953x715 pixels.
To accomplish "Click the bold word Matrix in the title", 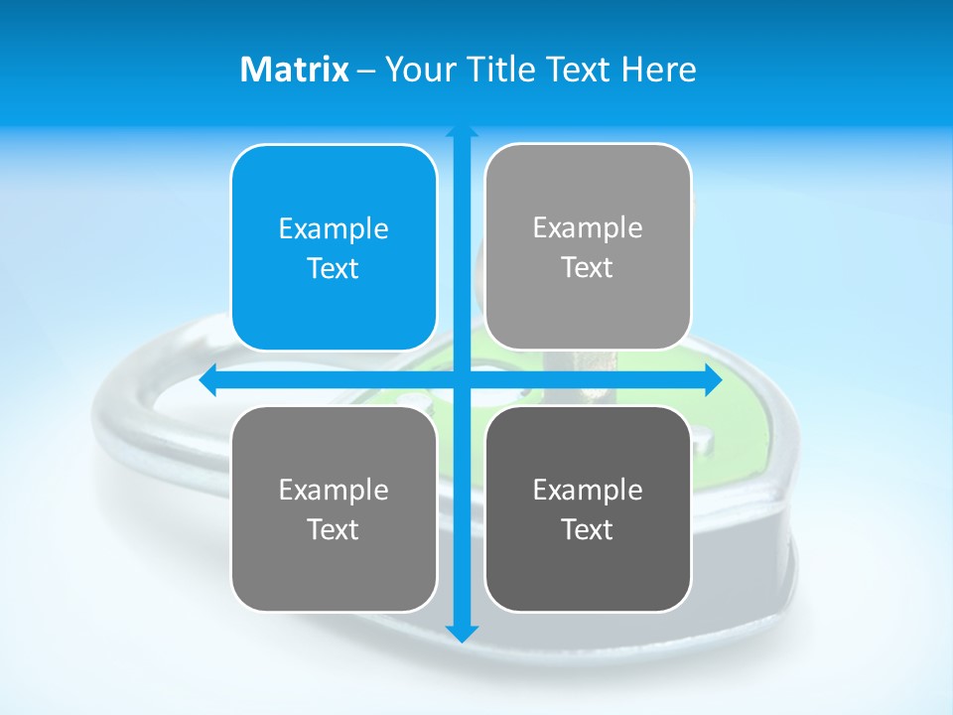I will pyautogui.click(x=295, y=70).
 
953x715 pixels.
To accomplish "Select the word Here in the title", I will pyautogui.click(x=659, y=70).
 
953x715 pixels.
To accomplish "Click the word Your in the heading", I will pyautogui.click(x=415, y=70).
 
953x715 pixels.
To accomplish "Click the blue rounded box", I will pyautogui.click(x=334, y=247).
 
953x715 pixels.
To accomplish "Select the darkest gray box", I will pyautogui.click(x=588, y=508).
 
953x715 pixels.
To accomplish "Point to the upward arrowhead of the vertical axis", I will pyautogui.click(x=461, y=132).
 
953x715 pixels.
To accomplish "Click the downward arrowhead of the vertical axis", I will pyautogui.click(x=461, y=634).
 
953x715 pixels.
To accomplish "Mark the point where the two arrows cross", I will pyautogui.click(x=461, y=379).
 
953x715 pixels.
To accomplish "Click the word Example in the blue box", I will pyautogui.click(x=334, y=229).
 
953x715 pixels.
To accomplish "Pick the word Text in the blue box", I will pyautogui.click(x=334, y=269).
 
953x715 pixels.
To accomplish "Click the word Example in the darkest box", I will pyautogui.click(x=588, y=490).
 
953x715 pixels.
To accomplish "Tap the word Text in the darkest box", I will pyautogui.click(x=588, y=529).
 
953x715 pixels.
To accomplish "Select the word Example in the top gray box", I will pyautogui.click(x=588, y=228).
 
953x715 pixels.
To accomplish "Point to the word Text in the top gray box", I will pyautogui.click(x=588, y=268).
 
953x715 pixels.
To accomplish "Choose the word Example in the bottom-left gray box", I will pyautogui.click(x=334, y=490).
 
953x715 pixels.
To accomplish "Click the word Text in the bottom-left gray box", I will pyautogui.click(x=334, y=529).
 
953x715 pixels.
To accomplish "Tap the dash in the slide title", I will pyautogui.click(x=366, y=71).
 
